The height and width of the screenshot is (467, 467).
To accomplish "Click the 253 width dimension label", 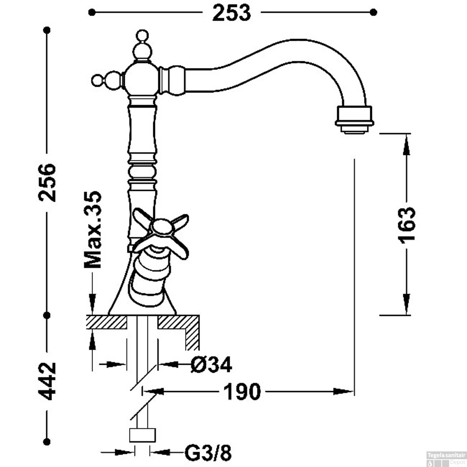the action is pos(231,13).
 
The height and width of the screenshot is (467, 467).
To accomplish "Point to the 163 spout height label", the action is pos(407,225).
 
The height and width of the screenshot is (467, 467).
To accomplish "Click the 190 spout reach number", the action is pos(242,392).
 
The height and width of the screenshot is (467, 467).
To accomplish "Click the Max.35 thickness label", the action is pos(93,229).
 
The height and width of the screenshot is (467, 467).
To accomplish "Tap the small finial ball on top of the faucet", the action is pos(143,35).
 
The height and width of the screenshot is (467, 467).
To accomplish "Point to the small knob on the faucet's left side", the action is pos(97,80).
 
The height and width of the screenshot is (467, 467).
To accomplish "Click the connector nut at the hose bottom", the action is pos(142,435).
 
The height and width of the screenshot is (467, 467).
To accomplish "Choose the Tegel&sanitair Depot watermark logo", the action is pos(446,458).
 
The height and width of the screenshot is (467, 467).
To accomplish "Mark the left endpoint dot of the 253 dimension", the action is pos(91,12).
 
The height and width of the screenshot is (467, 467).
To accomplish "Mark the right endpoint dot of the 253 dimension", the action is pos(374,12).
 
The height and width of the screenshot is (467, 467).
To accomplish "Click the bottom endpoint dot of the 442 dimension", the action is pos(47,441).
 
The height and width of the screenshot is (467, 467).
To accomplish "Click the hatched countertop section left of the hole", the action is pos(106,322).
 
